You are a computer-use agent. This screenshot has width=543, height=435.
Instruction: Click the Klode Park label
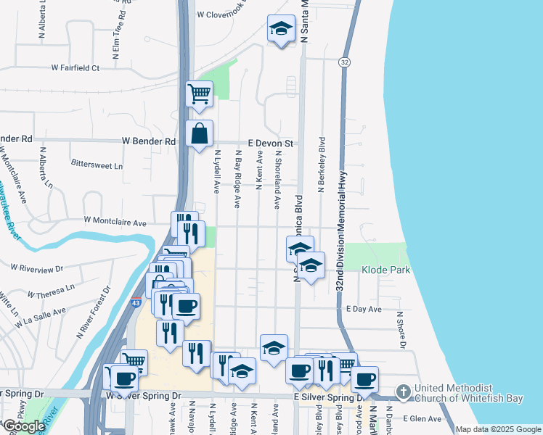(386, 270)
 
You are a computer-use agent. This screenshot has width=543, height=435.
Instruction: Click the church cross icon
(404, 392)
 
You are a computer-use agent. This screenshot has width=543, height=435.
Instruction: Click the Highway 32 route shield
(344, 64)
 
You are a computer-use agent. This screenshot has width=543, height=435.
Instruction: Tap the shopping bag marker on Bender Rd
(200, 134)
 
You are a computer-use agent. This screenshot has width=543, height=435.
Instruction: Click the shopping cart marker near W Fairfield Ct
(199, 94)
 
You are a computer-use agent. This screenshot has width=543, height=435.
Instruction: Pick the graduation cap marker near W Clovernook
(281, 29)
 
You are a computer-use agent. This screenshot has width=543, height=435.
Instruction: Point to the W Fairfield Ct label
(75, 68)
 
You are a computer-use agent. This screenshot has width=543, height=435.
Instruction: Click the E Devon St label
(270, 144)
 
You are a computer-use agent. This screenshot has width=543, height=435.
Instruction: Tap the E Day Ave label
(364, 309)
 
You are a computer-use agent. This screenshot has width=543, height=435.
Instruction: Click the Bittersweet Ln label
(97, 165)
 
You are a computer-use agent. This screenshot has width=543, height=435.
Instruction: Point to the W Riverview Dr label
(37, 268)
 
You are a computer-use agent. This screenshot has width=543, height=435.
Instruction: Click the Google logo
(25, 426)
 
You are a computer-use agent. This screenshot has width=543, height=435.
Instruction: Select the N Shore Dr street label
(400, 330)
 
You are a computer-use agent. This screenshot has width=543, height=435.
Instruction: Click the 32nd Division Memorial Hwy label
(339, 217)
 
